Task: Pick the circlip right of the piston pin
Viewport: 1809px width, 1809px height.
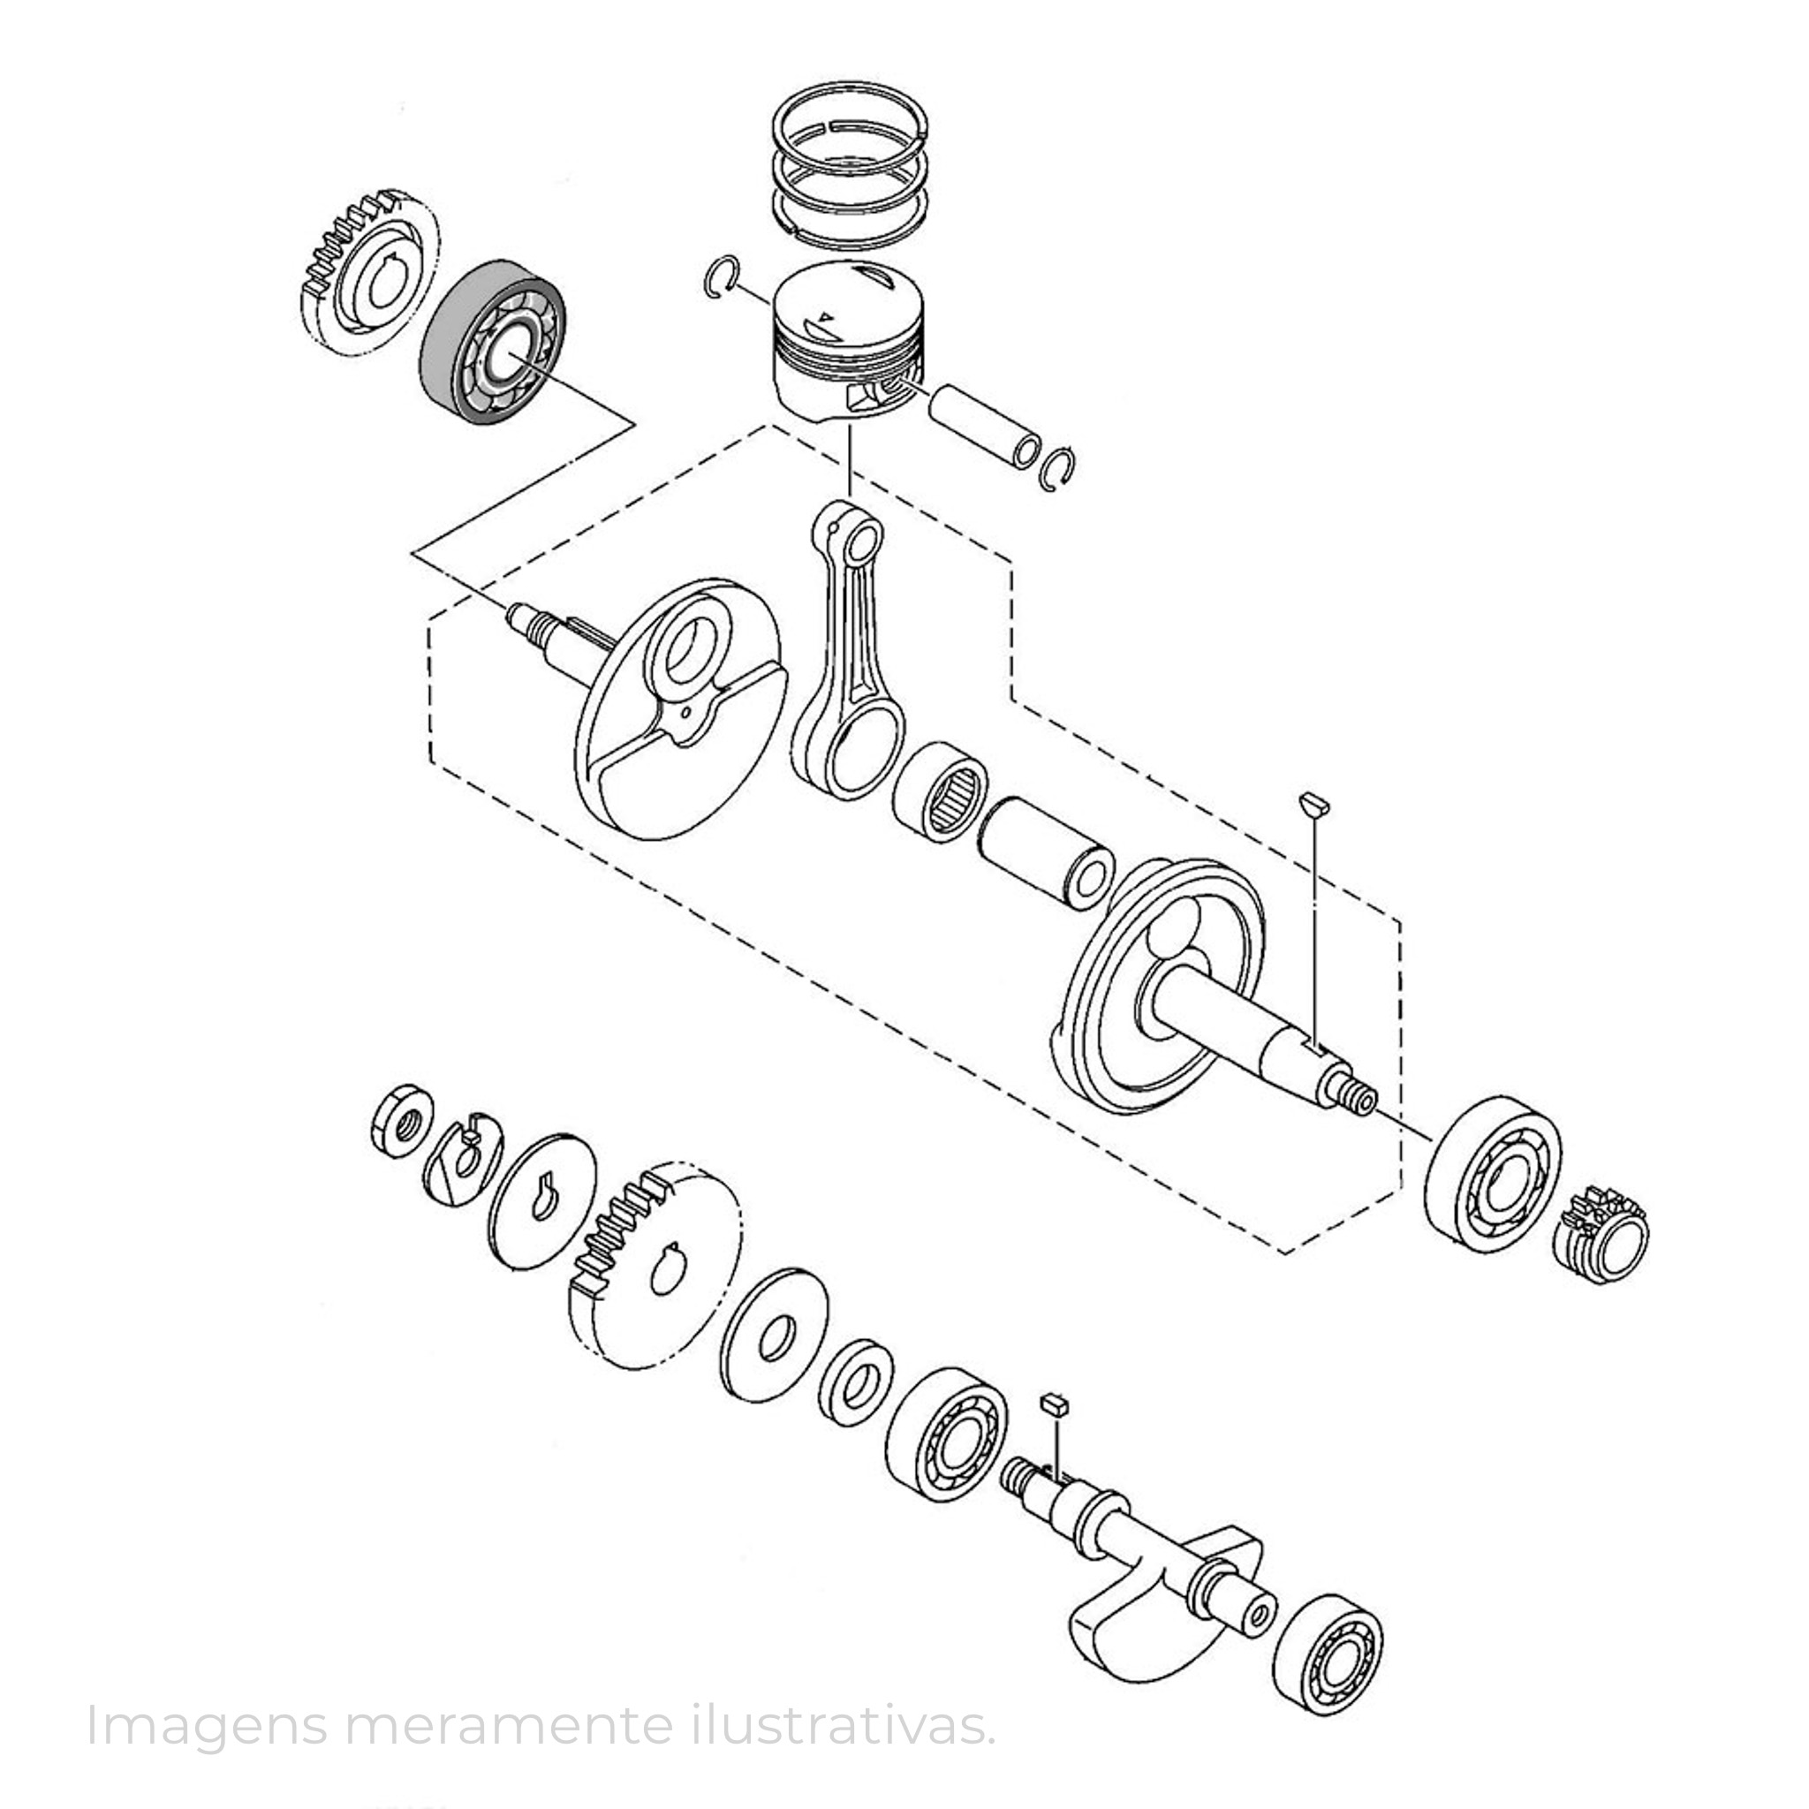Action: tap(1061, 467)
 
